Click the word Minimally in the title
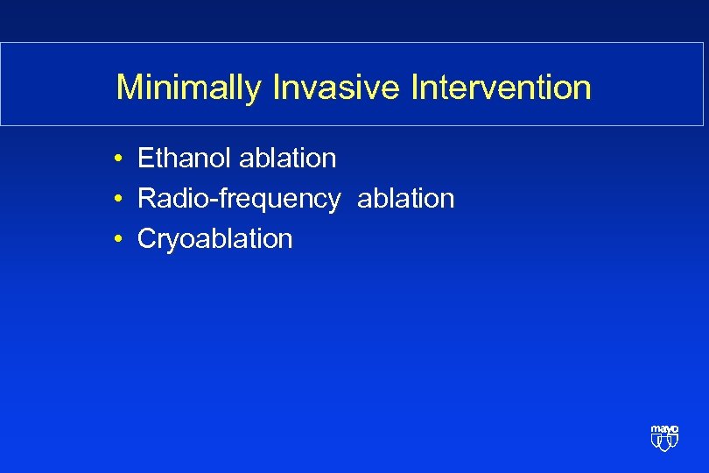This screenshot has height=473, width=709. click(x=188, y=88)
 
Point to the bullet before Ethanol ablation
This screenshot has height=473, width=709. click(x=116, y=159)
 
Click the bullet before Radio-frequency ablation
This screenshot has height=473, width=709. click(x=116, y=200)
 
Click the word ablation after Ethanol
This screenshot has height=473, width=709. click(x=287, y=159)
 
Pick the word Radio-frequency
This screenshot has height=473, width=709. click(x=239, y=200)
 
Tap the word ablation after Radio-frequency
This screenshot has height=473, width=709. click(x=405, y=199)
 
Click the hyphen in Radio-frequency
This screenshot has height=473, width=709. click(x=214, y=201)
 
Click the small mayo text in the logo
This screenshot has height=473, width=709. click(x=664, y=429)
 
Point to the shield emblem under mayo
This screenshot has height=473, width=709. click(x=664, y=442)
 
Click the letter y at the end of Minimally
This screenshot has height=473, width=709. click(x=253, y=91)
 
